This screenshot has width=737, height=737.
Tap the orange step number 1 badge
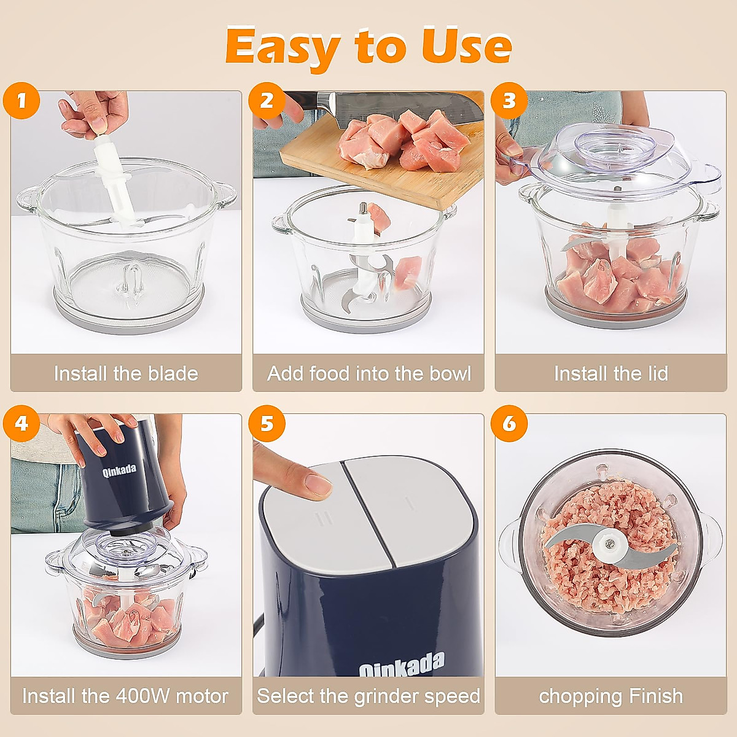(x=21, y=100)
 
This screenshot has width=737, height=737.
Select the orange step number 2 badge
(x=267, y=100)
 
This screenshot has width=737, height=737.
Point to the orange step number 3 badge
(x=509, y=100)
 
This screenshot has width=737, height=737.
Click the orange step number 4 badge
(x=21, y=423)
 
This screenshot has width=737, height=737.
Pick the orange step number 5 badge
(x=267, y=423)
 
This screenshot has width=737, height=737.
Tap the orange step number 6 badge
(x=509, y=423)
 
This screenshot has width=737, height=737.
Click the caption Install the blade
(x=126, y=373)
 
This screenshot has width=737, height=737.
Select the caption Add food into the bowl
(x=368, y=373)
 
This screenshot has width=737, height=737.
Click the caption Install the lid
(x=610, y=373)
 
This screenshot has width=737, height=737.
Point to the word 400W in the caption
(x=142, y=696)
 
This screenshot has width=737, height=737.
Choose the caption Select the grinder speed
(x=368, y=696)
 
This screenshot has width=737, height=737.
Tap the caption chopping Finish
(x=610, y=696)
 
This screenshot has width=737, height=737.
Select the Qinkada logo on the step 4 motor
(x=119, y=472)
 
